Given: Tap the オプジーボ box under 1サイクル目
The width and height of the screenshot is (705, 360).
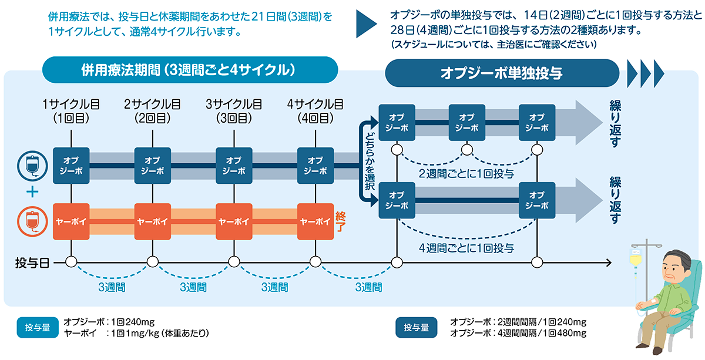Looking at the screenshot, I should coord(71,166).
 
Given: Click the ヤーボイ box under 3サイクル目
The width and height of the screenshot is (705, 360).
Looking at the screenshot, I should coord(234,221).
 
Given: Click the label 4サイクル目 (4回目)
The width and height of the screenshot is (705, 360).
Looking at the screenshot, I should coord(315,111).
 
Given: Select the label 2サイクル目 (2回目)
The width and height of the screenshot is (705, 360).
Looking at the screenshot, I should coord(152,111).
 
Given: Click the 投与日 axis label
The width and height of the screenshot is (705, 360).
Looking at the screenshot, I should coord(31,263).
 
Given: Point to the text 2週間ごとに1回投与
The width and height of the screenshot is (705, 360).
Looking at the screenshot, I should coord(466,173).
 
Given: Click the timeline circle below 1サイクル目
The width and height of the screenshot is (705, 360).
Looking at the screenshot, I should coord(71,262).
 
